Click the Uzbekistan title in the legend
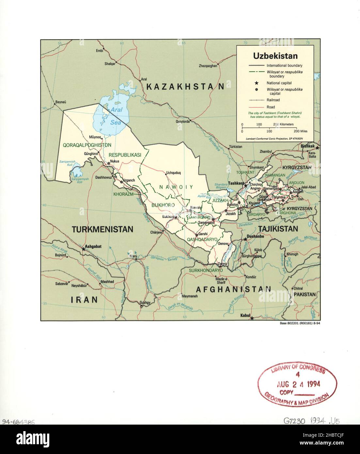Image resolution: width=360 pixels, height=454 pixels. click(275, 56)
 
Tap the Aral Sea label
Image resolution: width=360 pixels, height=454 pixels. click(116, 116)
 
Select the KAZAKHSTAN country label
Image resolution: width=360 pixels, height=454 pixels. click(185, 87)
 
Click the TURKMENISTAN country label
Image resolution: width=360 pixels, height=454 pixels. click(102, 229)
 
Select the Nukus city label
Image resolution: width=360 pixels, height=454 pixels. click(115, 161)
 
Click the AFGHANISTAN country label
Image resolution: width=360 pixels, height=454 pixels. click(233, 289)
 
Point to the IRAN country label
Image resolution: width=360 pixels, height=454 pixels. click(85, 300)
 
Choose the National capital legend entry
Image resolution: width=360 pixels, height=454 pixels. click(279, 83)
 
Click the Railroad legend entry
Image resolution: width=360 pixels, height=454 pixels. click(273, 100)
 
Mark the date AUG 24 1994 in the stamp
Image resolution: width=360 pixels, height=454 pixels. click(299, 384)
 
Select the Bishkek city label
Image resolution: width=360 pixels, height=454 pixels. click(307, 146)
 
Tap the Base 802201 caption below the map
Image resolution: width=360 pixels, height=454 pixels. click(298, 323)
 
